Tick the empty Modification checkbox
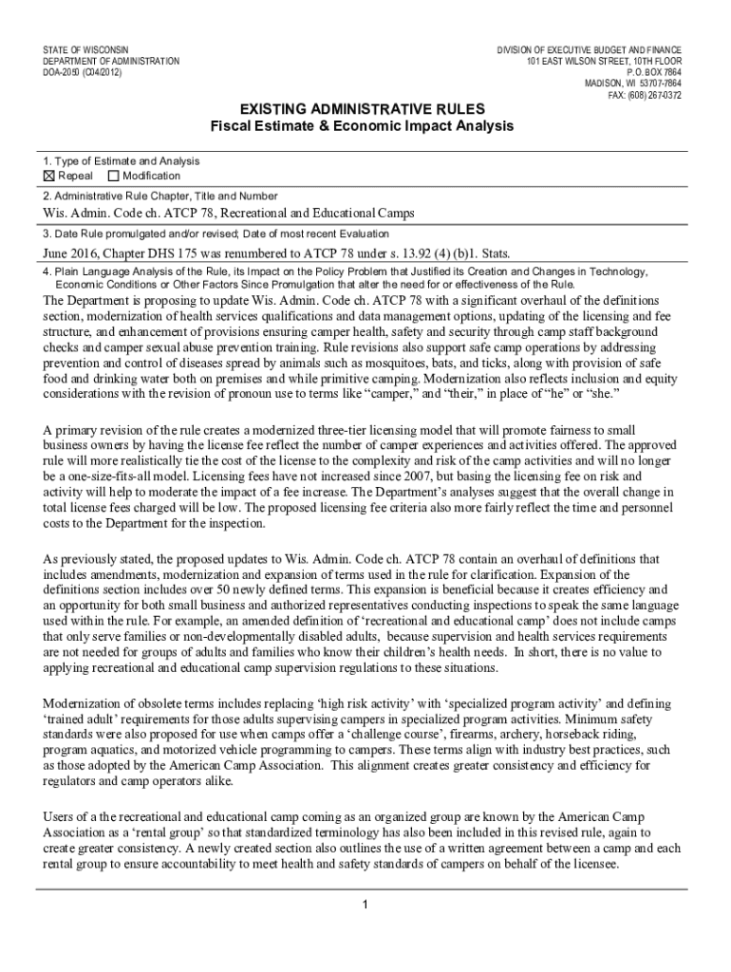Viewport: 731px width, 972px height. click(x=114, y=176)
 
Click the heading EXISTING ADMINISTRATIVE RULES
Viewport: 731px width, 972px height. click(x=362, y=109)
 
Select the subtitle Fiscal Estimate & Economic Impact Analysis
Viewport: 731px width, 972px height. click(x=362, y=126)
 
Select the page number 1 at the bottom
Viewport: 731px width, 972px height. click(x=365, y=903)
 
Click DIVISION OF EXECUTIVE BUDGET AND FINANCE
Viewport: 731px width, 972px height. click(x=590, y=49)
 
